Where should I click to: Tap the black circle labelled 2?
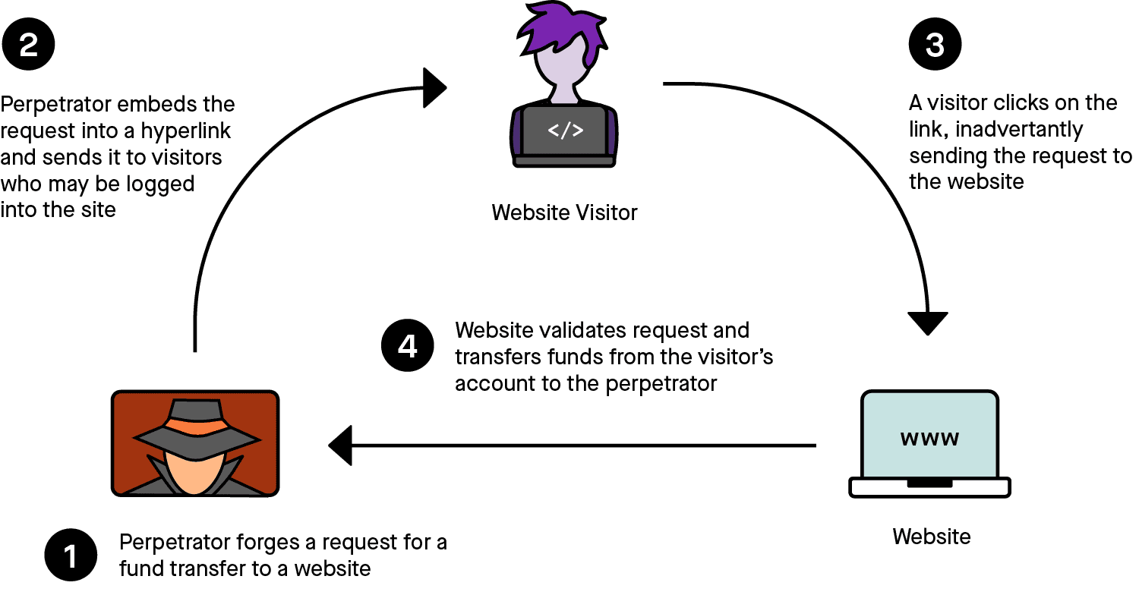[x=28, y=46]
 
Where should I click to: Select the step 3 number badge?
[x=935, y=46]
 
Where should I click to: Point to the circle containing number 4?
[x=407, y=347]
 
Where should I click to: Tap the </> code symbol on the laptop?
[x=566, y=131]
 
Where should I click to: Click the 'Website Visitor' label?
[x=564, y=212]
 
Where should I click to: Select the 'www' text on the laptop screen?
[x=929, y=439]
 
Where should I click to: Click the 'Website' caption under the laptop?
[x=931, y=537]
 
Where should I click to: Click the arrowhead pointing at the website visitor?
[x=435, y=87]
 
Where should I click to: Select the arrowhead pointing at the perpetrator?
[x=341, y=445]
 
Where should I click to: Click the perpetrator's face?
[x=195, y=471]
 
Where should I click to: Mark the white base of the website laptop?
[x=929, y=487]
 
